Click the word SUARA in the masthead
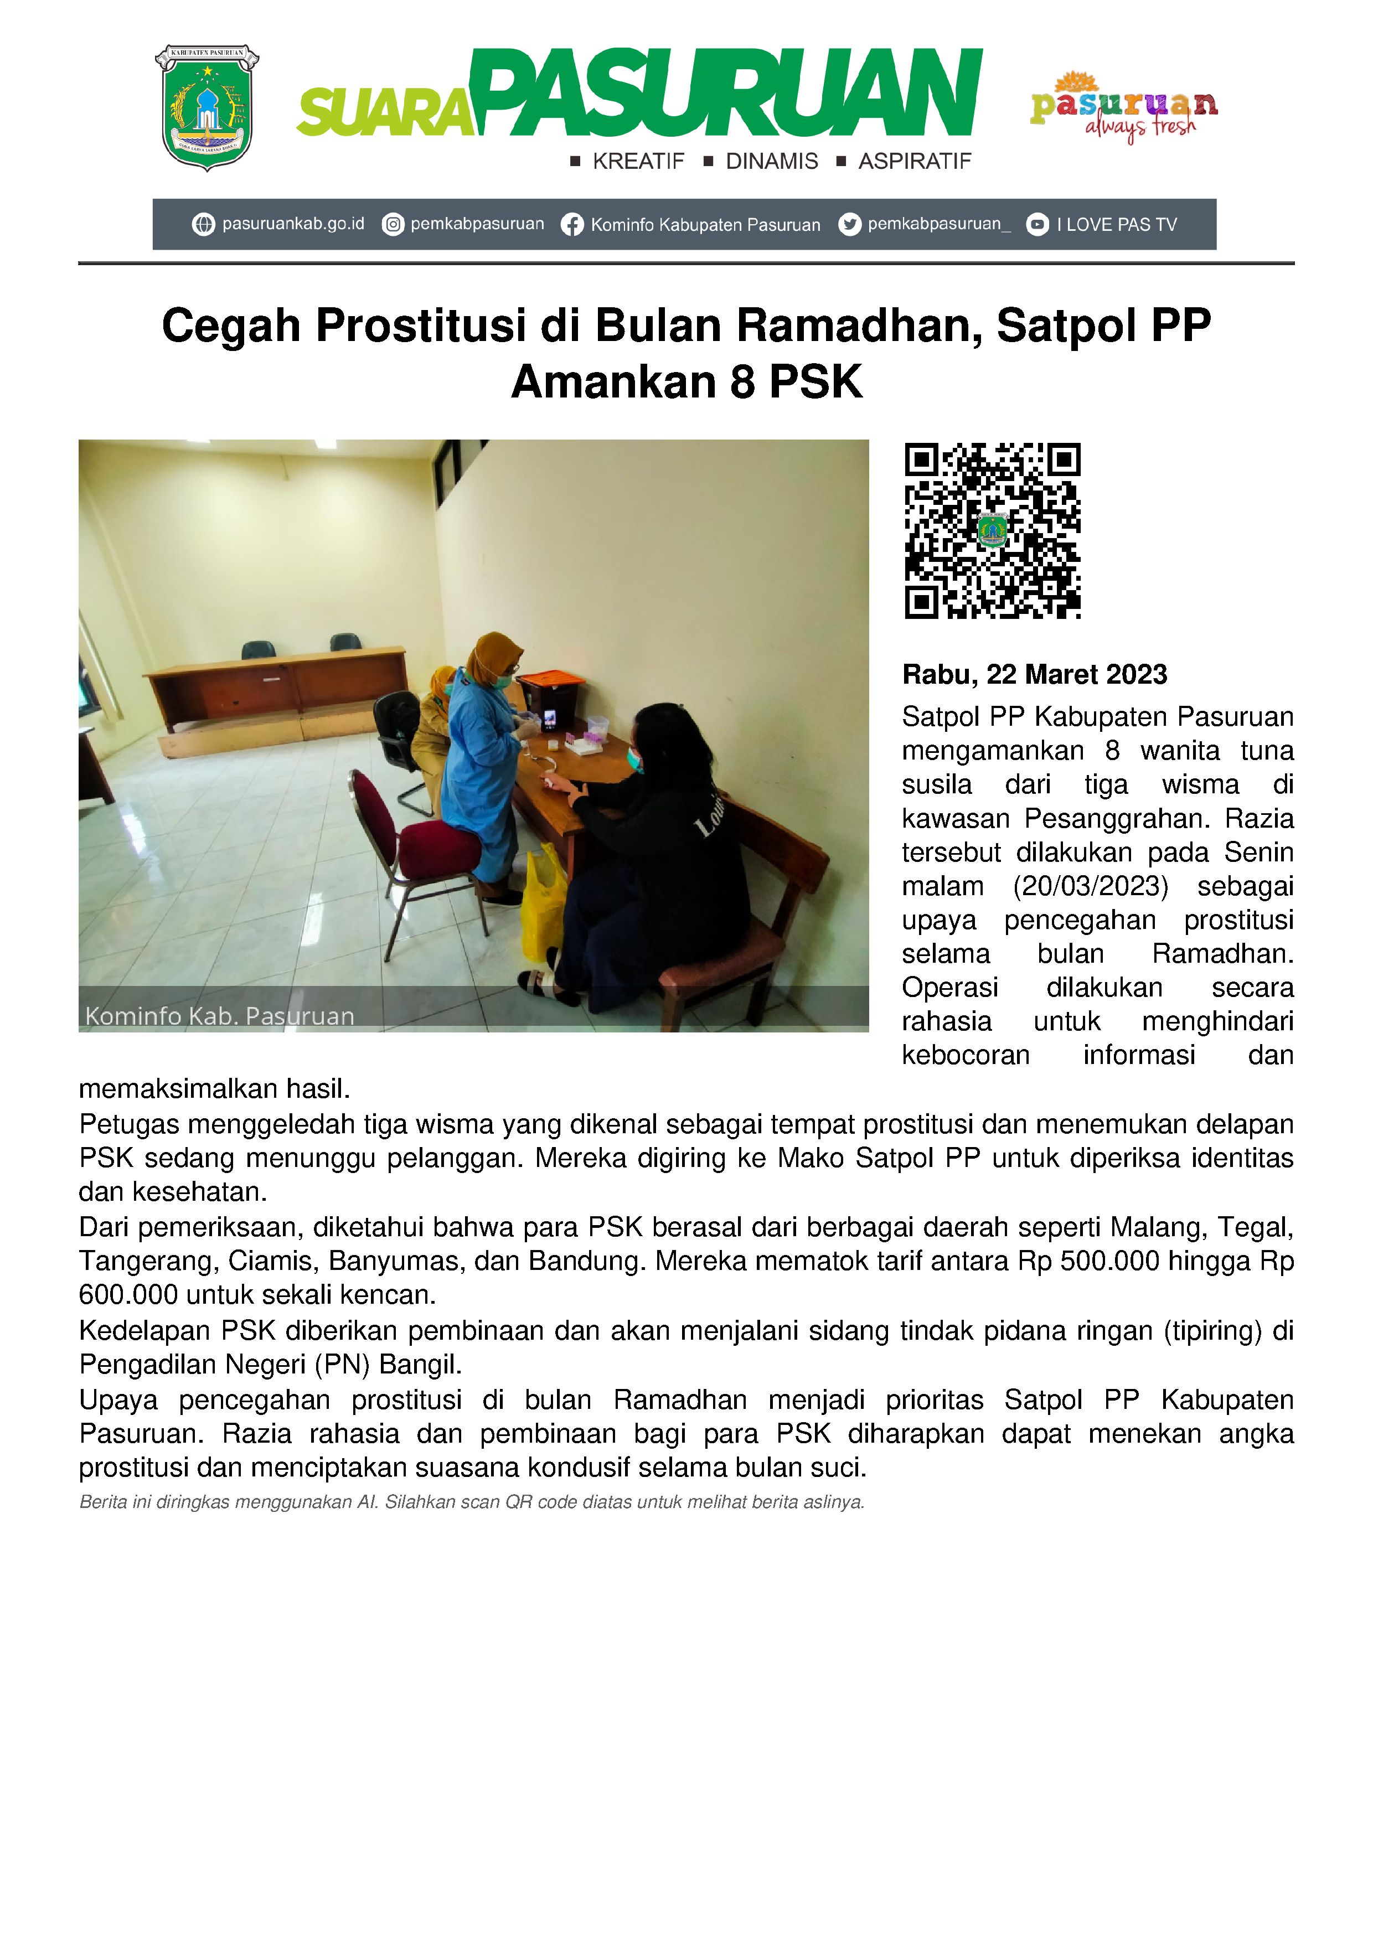[x=385, y=114]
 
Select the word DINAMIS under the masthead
[x=772, y=162]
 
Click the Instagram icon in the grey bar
[x=393, y=224]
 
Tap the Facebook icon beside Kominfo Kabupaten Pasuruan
[x=572, y=225]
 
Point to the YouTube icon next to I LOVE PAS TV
[x=1037, y=224]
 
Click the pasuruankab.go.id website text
[x=293, y=224]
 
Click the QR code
[x=992, y=530]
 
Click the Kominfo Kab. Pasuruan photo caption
[x=220, y=1016]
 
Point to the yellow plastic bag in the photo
[x=541, y=905]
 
